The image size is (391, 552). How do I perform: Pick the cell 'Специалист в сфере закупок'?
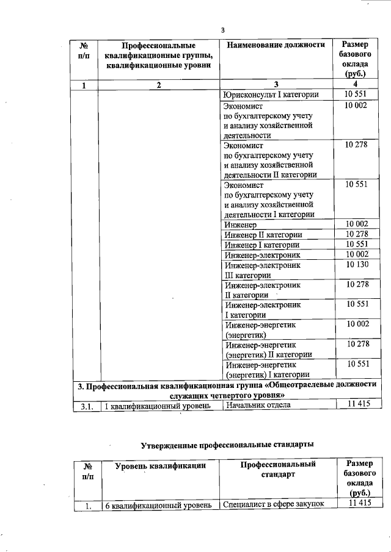[272, 504]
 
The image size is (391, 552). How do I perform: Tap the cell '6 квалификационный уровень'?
[158, 504]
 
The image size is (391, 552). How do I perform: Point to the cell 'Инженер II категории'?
[263, 235]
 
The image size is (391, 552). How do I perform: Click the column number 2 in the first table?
[158, 85]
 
